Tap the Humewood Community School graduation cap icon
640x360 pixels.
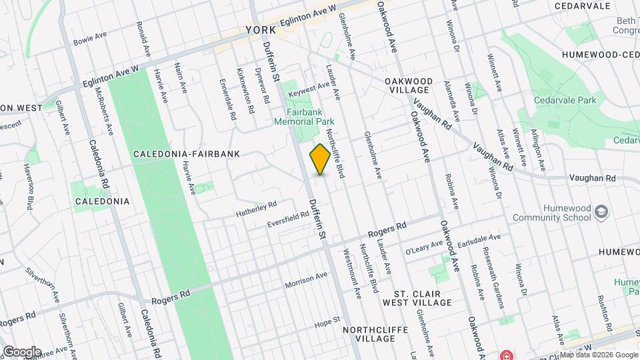(602, 211)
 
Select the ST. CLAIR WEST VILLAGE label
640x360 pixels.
(413, 297)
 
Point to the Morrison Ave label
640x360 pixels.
(306, 281)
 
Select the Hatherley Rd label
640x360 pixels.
(256, 209)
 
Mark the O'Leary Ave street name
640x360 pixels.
(424, 247)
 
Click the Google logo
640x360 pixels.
(22, 351)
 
